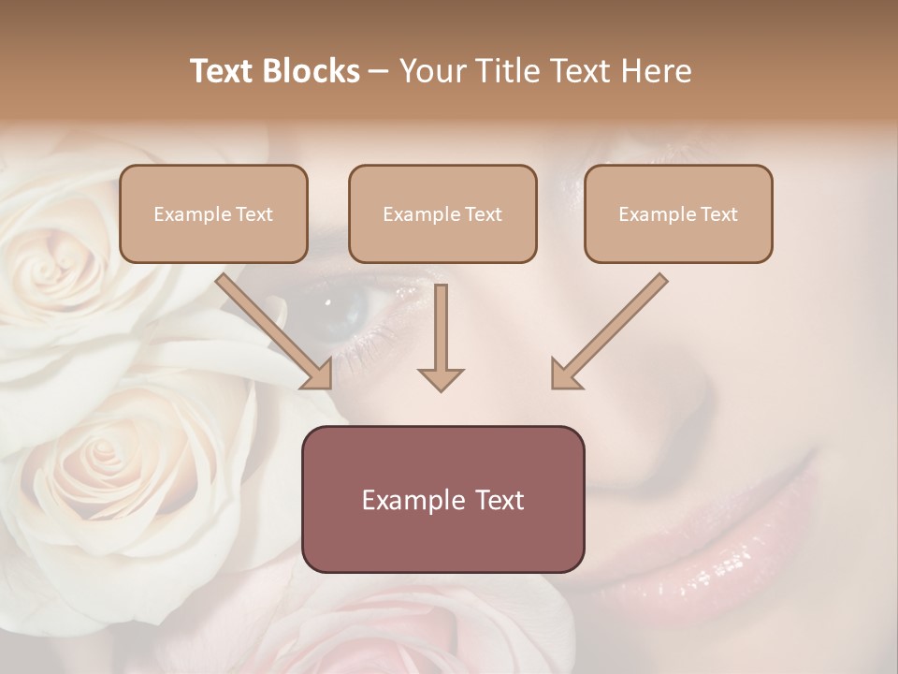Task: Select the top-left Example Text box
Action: click(x=213, y=213)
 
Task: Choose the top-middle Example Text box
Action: click(x=442, y=213)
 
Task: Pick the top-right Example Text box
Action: click(x=678, y=213)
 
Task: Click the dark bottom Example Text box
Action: click(x=442, y=499)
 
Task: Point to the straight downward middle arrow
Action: click(x=441, y=337)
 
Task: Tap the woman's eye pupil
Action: click(x=329, y=302)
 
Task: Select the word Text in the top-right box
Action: click(x=718, y=213)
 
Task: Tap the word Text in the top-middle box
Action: click(x=483, y=213)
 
